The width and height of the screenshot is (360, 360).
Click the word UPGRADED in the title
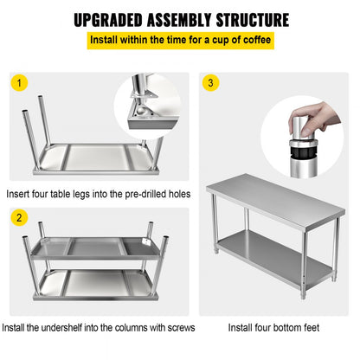click(116, 19)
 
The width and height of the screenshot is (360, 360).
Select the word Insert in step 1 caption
click(20, 194)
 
